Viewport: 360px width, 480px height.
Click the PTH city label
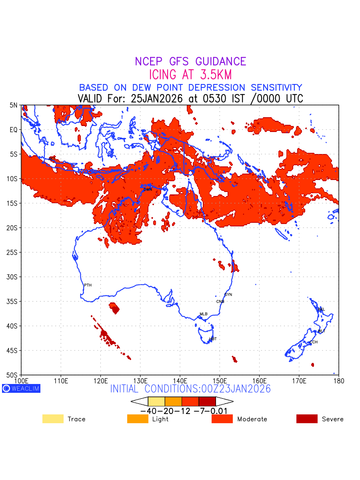click(x=88, y=285)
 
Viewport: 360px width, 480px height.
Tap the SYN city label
click(x=228, y=295)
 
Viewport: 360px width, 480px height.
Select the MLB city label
click(x=204, y=314)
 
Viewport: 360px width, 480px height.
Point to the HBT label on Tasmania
click(x=213, y=339)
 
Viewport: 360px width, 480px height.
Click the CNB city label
click(x=220, y=302)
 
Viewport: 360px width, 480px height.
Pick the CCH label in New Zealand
click(x=314, y=342)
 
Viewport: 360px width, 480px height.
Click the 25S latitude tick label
click(x=13, y=252)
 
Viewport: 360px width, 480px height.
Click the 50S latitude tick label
click(x=13, y=375)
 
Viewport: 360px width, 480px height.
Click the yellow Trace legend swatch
click(x=53, y=419)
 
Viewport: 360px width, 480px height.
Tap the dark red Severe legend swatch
click(x=307, y=419)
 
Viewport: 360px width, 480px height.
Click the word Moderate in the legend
click(x=252, y=419)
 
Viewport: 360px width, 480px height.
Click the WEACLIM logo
click(x=21, y=388)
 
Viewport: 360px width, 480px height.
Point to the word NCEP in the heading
click(x=150, y=62)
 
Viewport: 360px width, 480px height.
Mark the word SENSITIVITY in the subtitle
click(x=274, y=87)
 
